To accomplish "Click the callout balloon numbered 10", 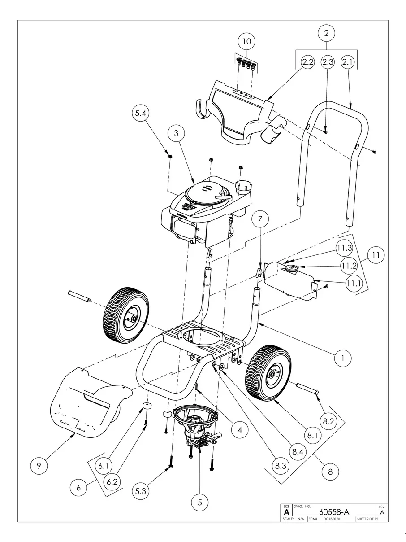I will point(246,42).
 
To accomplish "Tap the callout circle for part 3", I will point(177,133).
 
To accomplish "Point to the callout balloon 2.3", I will point(328,62).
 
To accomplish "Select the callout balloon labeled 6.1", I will point(104,466).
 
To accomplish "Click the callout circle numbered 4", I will point(240,430).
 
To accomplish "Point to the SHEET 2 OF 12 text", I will point(367,519).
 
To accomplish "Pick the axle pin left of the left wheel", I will point(79,296).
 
